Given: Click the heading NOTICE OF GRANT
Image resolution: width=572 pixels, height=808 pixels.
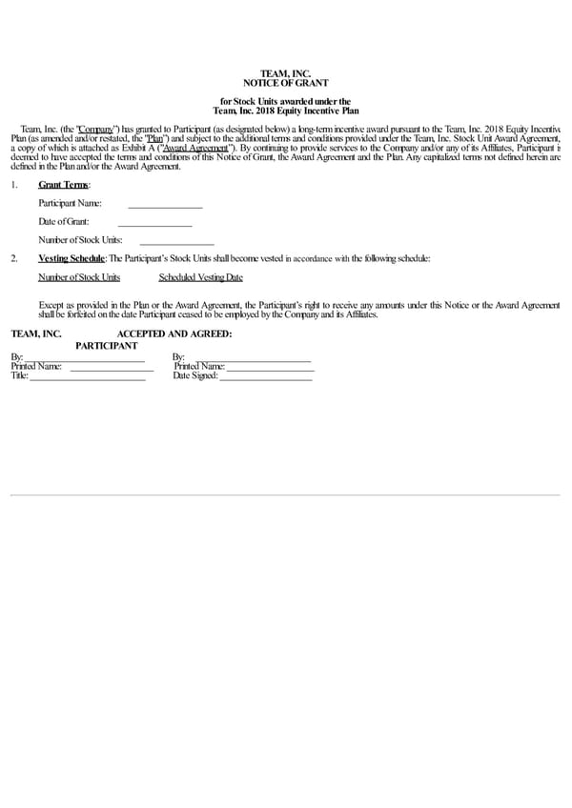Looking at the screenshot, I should point(286,84).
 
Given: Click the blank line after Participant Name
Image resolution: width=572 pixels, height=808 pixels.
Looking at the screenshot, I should point(165,204).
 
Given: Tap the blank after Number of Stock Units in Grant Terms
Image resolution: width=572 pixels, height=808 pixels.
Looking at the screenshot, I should point(176,240).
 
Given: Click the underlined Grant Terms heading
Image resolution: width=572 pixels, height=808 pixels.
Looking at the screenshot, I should point(63,185).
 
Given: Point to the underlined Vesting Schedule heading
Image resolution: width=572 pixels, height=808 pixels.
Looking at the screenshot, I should point(71,258).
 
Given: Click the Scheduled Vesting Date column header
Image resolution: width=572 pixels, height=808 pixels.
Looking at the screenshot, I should point(200,277).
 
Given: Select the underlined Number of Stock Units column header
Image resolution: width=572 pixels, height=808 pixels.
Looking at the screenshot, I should point(79,277).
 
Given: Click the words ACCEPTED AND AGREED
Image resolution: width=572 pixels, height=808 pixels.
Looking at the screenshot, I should point(174,334).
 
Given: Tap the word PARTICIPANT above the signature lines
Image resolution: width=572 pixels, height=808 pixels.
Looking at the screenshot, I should point(107,345).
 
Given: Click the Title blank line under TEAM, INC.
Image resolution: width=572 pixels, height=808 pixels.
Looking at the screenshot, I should point(87,376).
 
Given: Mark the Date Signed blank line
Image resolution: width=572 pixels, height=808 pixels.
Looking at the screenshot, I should point(265,376).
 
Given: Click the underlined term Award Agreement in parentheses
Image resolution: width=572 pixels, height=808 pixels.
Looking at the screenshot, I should point(194,149).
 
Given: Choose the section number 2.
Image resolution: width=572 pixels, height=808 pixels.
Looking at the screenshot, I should point(13,258).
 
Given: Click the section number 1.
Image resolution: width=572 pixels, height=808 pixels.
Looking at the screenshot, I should point(13,185).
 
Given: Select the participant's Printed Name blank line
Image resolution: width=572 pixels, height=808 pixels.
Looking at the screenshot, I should point(270,367).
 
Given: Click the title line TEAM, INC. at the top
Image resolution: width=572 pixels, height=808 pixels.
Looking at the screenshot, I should point(286,73).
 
